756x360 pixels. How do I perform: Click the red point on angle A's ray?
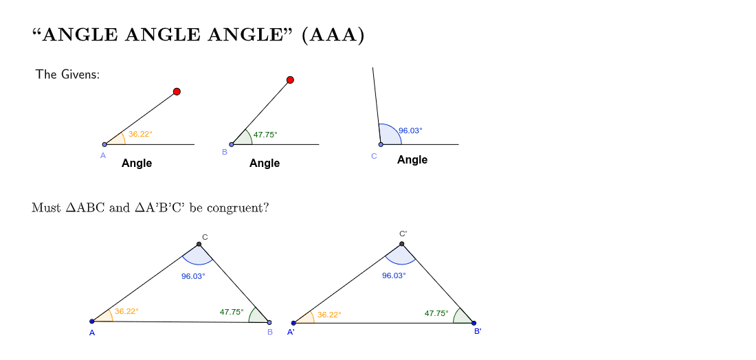tap(177, 91)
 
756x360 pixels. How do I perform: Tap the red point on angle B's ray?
tap(290, 80)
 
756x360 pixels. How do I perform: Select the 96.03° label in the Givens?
tap(410, 130)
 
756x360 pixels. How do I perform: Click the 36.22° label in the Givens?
tap(140, 134)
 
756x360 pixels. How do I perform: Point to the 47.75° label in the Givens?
tap(265, 135)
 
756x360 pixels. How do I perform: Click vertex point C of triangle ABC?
tap(199, 245)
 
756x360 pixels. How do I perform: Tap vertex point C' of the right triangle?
tap(401, 244)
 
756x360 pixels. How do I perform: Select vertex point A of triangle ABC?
tap(92, 322)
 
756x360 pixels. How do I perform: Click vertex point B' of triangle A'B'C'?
tap(474, 323)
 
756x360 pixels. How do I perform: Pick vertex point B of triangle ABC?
tap(269, 322)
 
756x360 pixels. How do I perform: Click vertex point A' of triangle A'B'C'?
tap(293, 323)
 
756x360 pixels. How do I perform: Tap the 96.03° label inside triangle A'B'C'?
tap(394, 275)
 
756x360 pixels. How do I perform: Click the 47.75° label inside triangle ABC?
tap(232, 312)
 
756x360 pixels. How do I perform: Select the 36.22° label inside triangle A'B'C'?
tap(329, 315)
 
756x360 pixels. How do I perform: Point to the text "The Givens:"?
tap(67, 74)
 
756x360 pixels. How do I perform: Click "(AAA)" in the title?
tap(333, 35)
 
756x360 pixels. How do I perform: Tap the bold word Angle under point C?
tap(412, 159)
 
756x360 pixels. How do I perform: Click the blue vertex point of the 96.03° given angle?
tap(381, 144)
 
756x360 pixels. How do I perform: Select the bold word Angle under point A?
tap(137, 163)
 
